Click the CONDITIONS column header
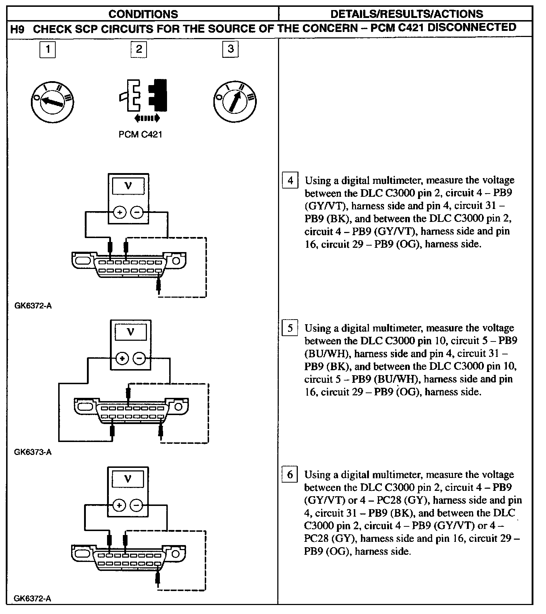tap(143, 14)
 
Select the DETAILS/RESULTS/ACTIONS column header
tap(406, 14)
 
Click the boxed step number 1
tap(47, 49)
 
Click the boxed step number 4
tap(290, 180)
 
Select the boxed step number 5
tap(290, 328)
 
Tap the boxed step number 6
tap(290, 475)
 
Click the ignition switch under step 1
tap(52, 102)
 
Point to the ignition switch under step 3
tap(235, 101)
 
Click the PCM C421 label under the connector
tap(140, 135)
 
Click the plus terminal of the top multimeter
tap(119, 213)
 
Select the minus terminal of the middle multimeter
tap(139, 358)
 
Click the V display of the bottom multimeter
tap(128, 479)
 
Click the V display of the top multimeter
tap(128, 186)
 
